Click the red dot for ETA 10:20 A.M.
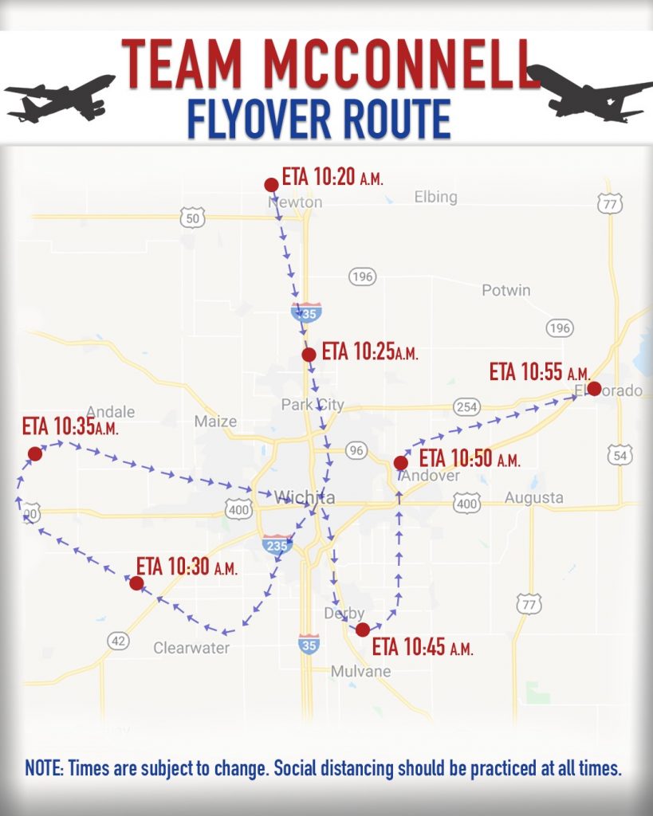click(271, 185)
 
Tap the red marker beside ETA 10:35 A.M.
click(34, 454)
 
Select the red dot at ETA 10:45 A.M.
click(363, 630)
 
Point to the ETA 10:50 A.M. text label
click(469, 459)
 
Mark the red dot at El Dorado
click(593, 389)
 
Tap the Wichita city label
click(304, 498)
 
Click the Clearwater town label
click(191, 648)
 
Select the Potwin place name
click(505, 291)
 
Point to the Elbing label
click(435, 197)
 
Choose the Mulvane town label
click(361, 672)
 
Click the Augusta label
click(533, 498)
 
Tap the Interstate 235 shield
click(277, 546)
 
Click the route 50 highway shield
click(192, 217)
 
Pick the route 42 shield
click(118, 641)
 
